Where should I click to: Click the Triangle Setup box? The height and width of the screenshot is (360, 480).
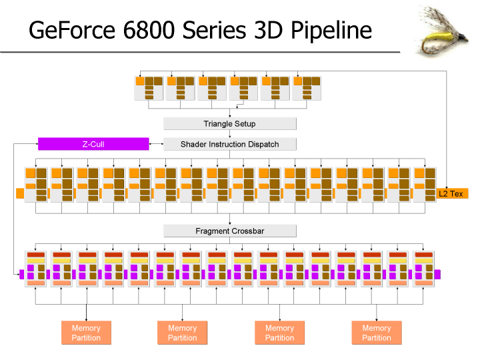point(229,124)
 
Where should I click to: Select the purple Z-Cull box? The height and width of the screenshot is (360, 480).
point(93,144)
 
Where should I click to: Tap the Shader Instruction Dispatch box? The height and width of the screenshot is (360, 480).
point(229,144)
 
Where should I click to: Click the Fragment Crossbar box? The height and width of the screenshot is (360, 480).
point(229,231)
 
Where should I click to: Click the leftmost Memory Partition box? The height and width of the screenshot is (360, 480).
point(86,333)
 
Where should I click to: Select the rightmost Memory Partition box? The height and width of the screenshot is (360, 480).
point(377,333)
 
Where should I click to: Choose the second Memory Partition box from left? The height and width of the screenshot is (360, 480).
point(183,333)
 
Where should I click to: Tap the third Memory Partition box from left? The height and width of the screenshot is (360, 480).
point(279,333)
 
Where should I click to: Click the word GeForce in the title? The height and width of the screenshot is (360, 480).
point(71,31)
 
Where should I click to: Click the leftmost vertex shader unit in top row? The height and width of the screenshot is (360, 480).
point(149,88)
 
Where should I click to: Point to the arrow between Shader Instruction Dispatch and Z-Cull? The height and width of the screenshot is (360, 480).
point(156,144)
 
